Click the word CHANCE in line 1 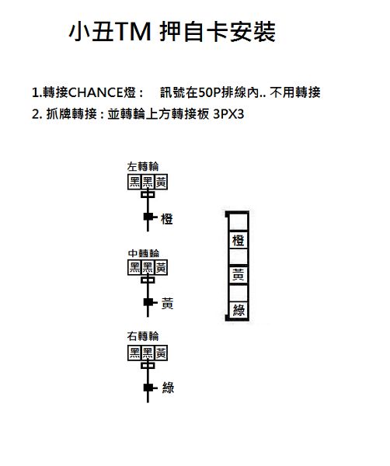point(96,92)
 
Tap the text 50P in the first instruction point(208,92)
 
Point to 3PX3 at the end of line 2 point(228,114)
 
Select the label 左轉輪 point(143,166)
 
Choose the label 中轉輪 point(144,253)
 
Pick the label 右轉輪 point(143,336)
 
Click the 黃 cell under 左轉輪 point(161,182)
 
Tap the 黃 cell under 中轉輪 point(161,267)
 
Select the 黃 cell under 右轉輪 point(161,353)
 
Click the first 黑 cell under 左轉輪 point(134,182)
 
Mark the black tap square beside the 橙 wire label point(148,217)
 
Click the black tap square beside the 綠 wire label point(148,388)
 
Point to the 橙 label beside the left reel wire point(167,219)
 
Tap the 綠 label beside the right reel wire point(168,388)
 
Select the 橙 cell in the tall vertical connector point(239,240)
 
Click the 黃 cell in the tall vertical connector point(239,275)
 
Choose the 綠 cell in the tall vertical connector point(239,310)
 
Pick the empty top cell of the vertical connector point(239,221)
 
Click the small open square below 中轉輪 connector point(148,280)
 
